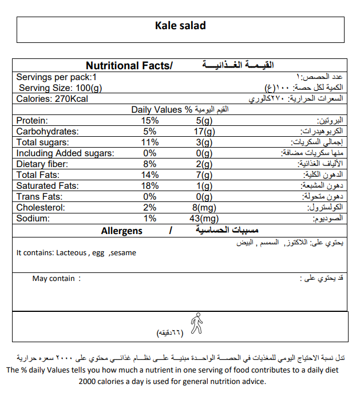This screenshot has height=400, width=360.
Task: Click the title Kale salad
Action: tap(180, 26)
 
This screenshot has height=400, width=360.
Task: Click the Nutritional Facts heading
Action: tap(129, 66)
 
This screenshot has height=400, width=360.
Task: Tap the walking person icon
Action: tap(196, 323)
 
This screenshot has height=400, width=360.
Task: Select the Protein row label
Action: tap(32, 121)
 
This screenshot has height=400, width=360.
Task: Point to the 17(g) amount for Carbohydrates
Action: tap(204, 132)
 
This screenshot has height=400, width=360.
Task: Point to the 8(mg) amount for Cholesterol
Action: tap(204, 208)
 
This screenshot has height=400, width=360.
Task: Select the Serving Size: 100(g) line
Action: tap(61, 88)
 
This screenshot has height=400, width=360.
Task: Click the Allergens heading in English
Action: tap(122, 231)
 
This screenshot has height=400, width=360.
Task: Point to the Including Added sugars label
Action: tap(65, 153)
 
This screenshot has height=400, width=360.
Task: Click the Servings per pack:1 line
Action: tap(57, 77)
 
